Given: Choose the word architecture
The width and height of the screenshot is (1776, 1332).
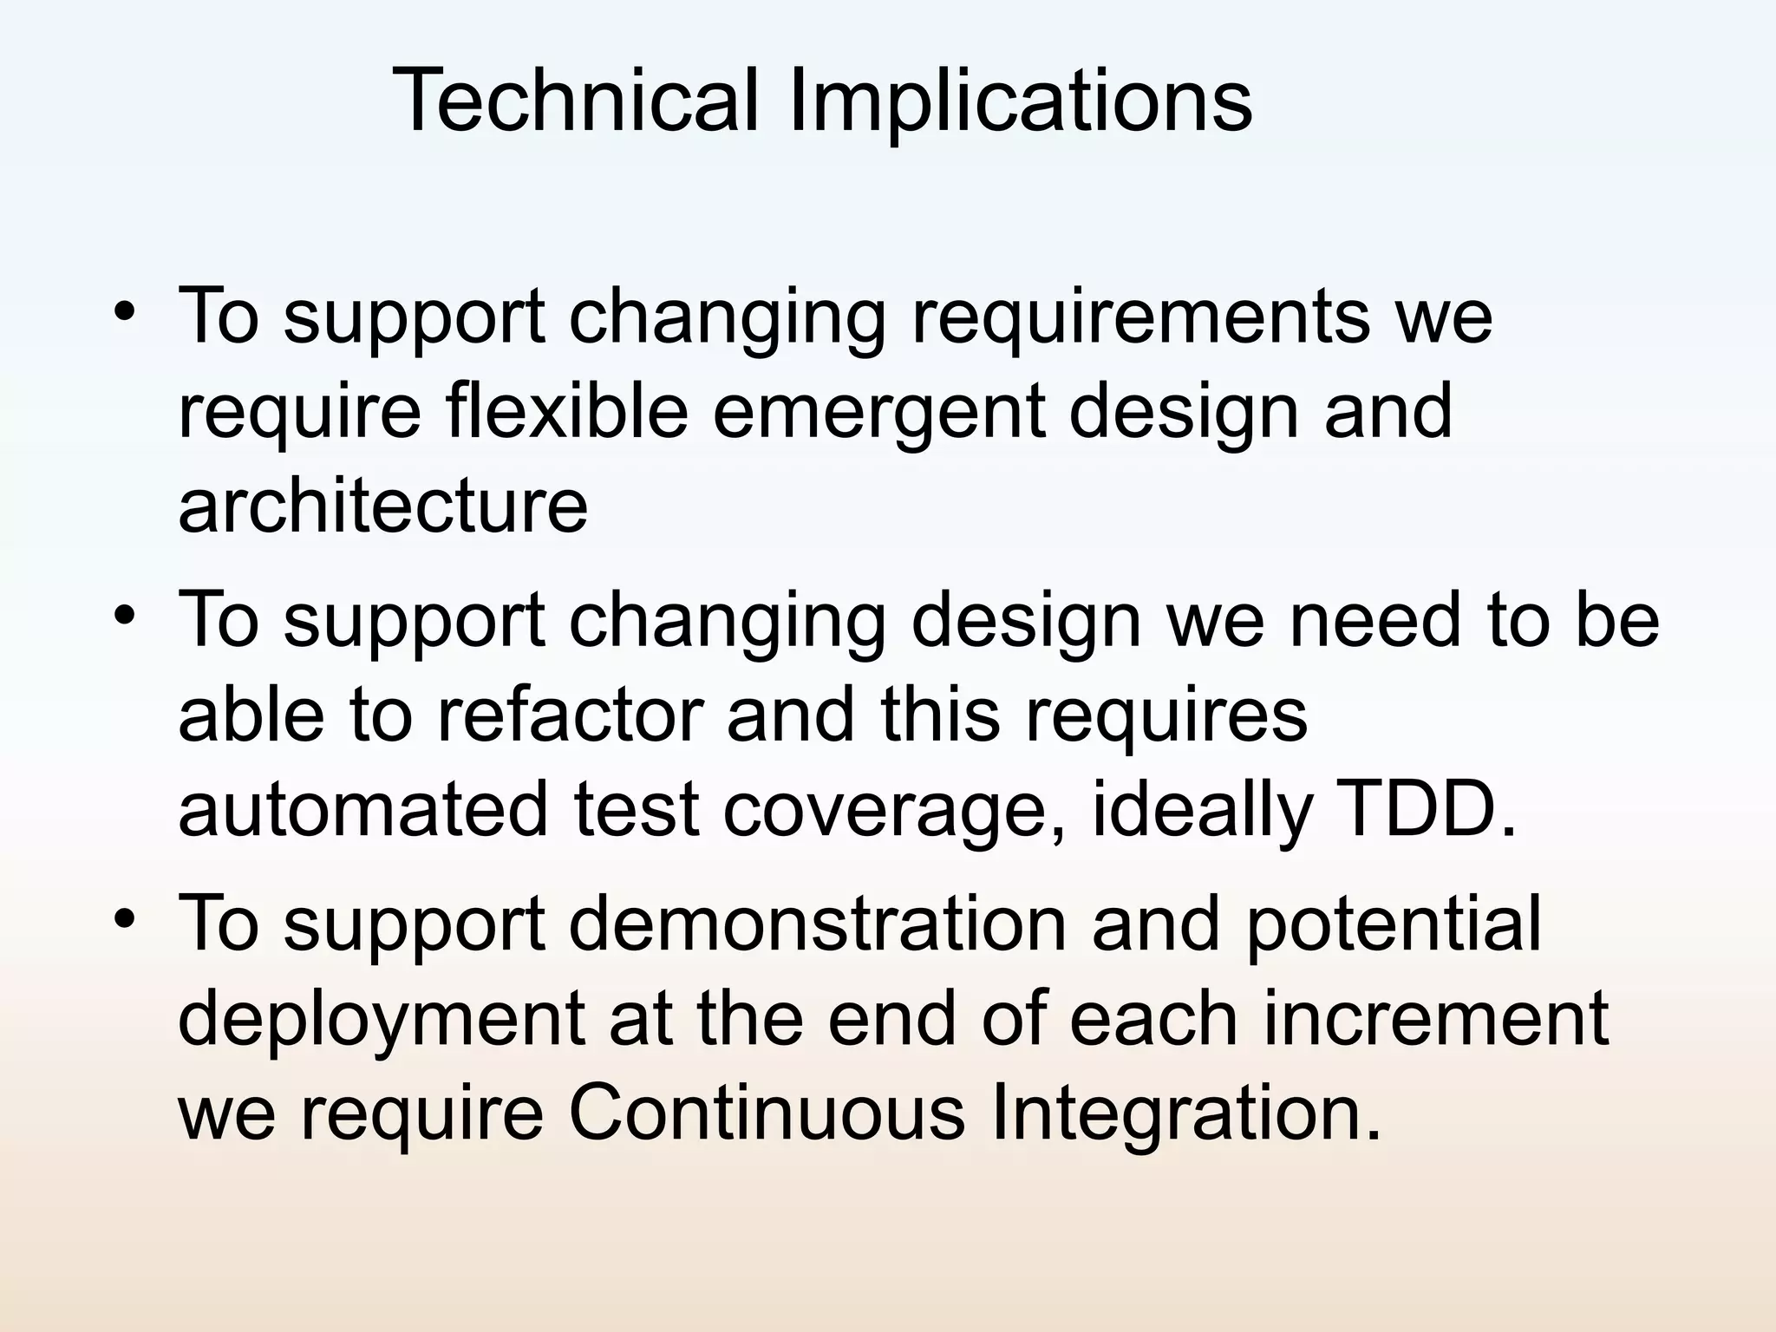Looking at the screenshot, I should click(x=382, y=506).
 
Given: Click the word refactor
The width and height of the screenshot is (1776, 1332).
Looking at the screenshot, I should click(x=568, y=715).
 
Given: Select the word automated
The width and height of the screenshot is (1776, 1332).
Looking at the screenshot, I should click(x=363, y=809).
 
